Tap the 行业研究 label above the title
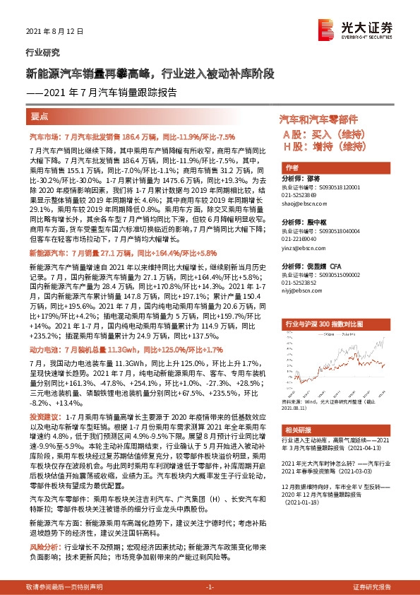click(x=42, y=52)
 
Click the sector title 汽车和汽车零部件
click(x=319, y=119)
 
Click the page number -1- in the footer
click(x=210, y=587)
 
